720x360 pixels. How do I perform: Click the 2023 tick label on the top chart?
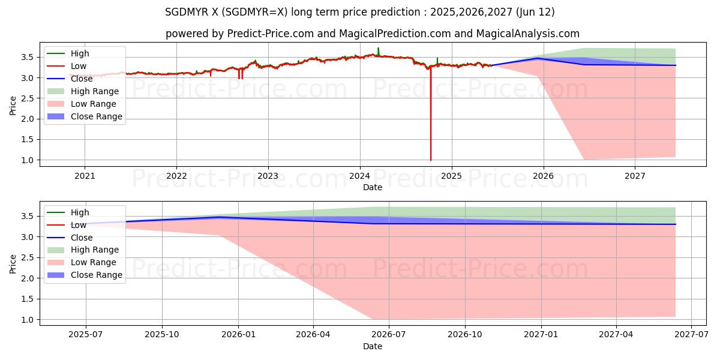coord(268,176)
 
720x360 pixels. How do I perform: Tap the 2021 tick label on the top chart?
coord(85,176)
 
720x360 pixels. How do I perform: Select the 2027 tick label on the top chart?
coord(635,176)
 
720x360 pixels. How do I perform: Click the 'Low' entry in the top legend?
coord(79,66)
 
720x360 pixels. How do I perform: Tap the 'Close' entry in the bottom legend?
coord(82,237)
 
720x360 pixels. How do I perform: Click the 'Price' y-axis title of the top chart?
coord(13,106)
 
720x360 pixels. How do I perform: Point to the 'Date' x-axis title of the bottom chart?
coord(373,346)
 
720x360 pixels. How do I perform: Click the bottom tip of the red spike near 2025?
coord(431,160)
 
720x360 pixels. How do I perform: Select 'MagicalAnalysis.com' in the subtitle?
coord(528,34)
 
